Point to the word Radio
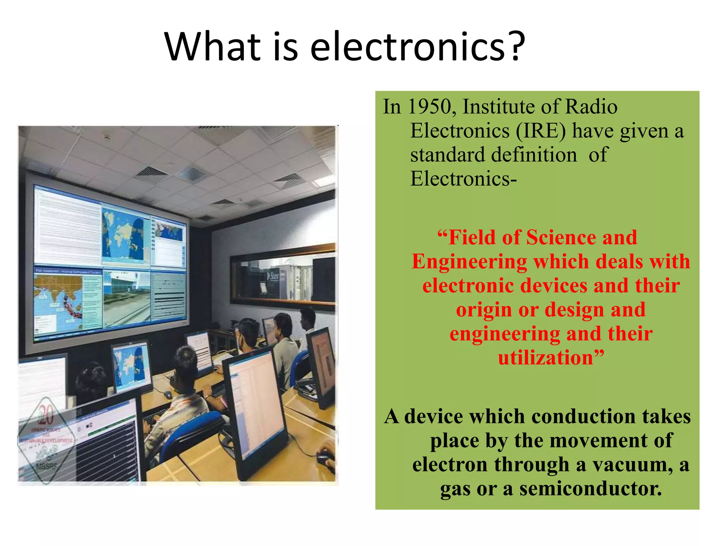point(591,107)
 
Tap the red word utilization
point(546,358)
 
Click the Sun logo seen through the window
point(273,276)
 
